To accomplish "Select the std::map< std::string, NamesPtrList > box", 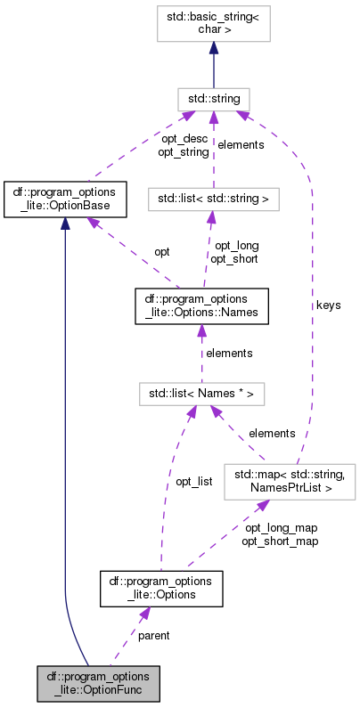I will click(290, 480).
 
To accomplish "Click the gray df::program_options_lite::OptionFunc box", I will click(99, 682).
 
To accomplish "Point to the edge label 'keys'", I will click(328, 305).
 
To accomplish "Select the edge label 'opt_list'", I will click(193, 481).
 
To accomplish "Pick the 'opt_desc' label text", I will click(184, 139).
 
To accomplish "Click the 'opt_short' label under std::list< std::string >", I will click(233, 259).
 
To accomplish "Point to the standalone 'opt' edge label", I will click(162, 252).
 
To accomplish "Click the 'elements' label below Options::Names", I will click(229, 353).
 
